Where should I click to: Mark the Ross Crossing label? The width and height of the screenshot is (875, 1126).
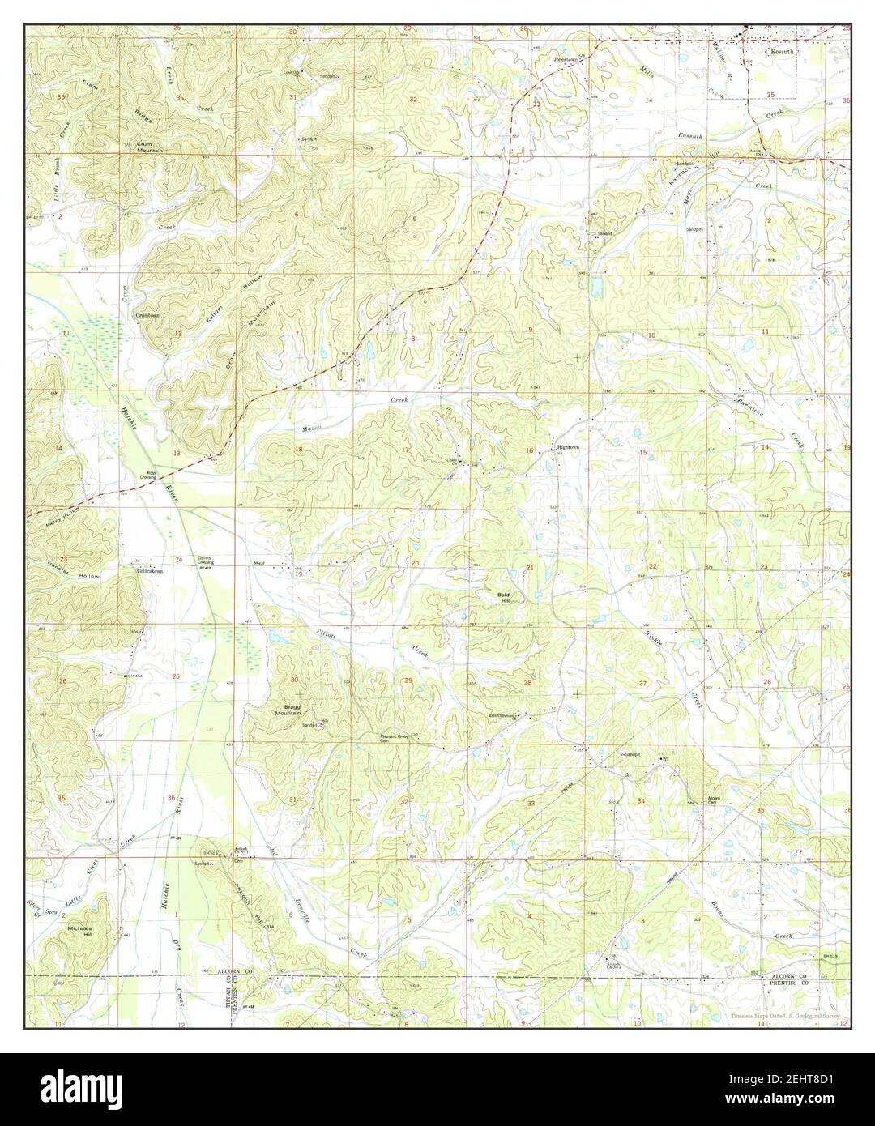152,476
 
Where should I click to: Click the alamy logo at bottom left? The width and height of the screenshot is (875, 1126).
60,1090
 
